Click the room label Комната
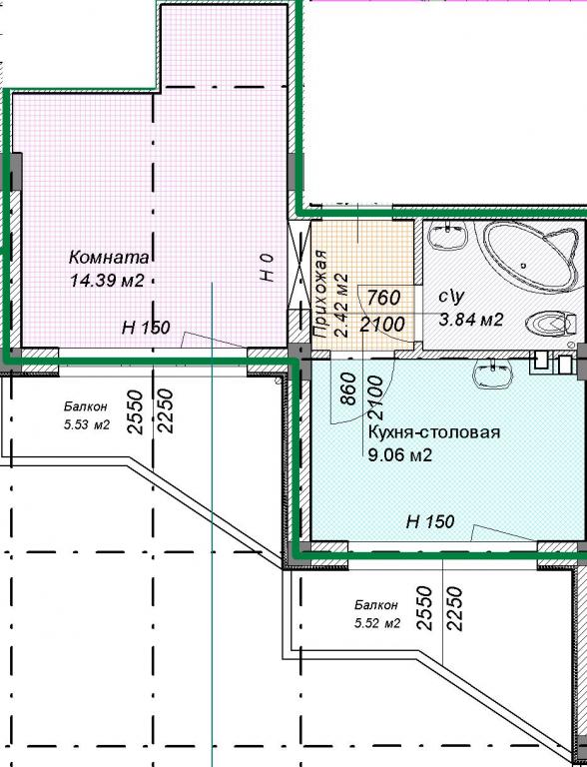click(x=110, y=257)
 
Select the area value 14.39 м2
click(x=107, y=281)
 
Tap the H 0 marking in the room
click(x=268, y=268)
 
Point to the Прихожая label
click(x=320, y=294)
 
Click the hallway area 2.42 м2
click(x=341, y=305)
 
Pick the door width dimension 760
click(x=383, y=298)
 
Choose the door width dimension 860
click(x=347, y=389)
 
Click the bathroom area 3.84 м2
click(x=471, y=320)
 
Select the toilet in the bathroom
click(x=550, y=324)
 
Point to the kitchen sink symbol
click(x=492, y=375)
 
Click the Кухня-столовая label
click(x=434, y=432)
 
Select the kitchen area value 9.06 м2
click(x=400, y=455)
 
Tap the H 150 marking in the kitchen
click(x=430, y=521)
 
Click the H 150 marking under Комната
click(x=146, y=328)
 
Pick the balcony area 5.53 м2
click(x=86, y=425)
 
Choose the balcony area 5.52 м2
click(x=377, y=623)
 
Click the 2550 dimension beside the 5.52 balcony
click(x=424, y=608)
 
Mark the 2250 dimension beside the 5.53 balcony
click(x=166, y=410)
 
